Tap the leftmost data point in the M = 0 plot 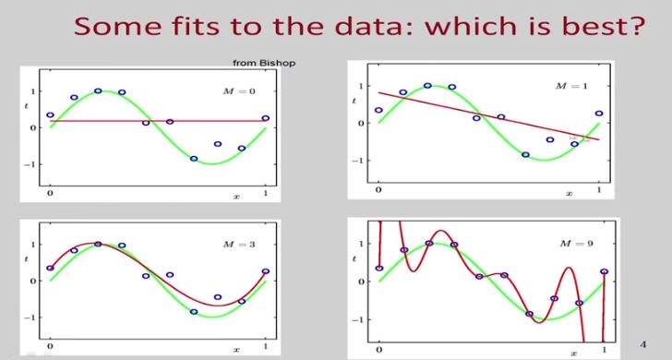50,115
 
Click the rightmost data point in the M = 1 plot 598,114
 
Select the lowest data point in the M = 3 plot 194,312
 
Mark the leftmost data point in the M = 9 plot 379,269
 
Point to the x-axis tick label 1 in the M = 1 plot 598,190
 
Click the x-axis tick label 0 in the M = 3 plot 50,347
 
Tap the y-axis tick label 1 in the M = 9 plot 363,245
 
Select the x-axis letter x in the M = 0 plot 236,198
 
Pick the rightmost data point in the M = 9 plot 605,271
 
